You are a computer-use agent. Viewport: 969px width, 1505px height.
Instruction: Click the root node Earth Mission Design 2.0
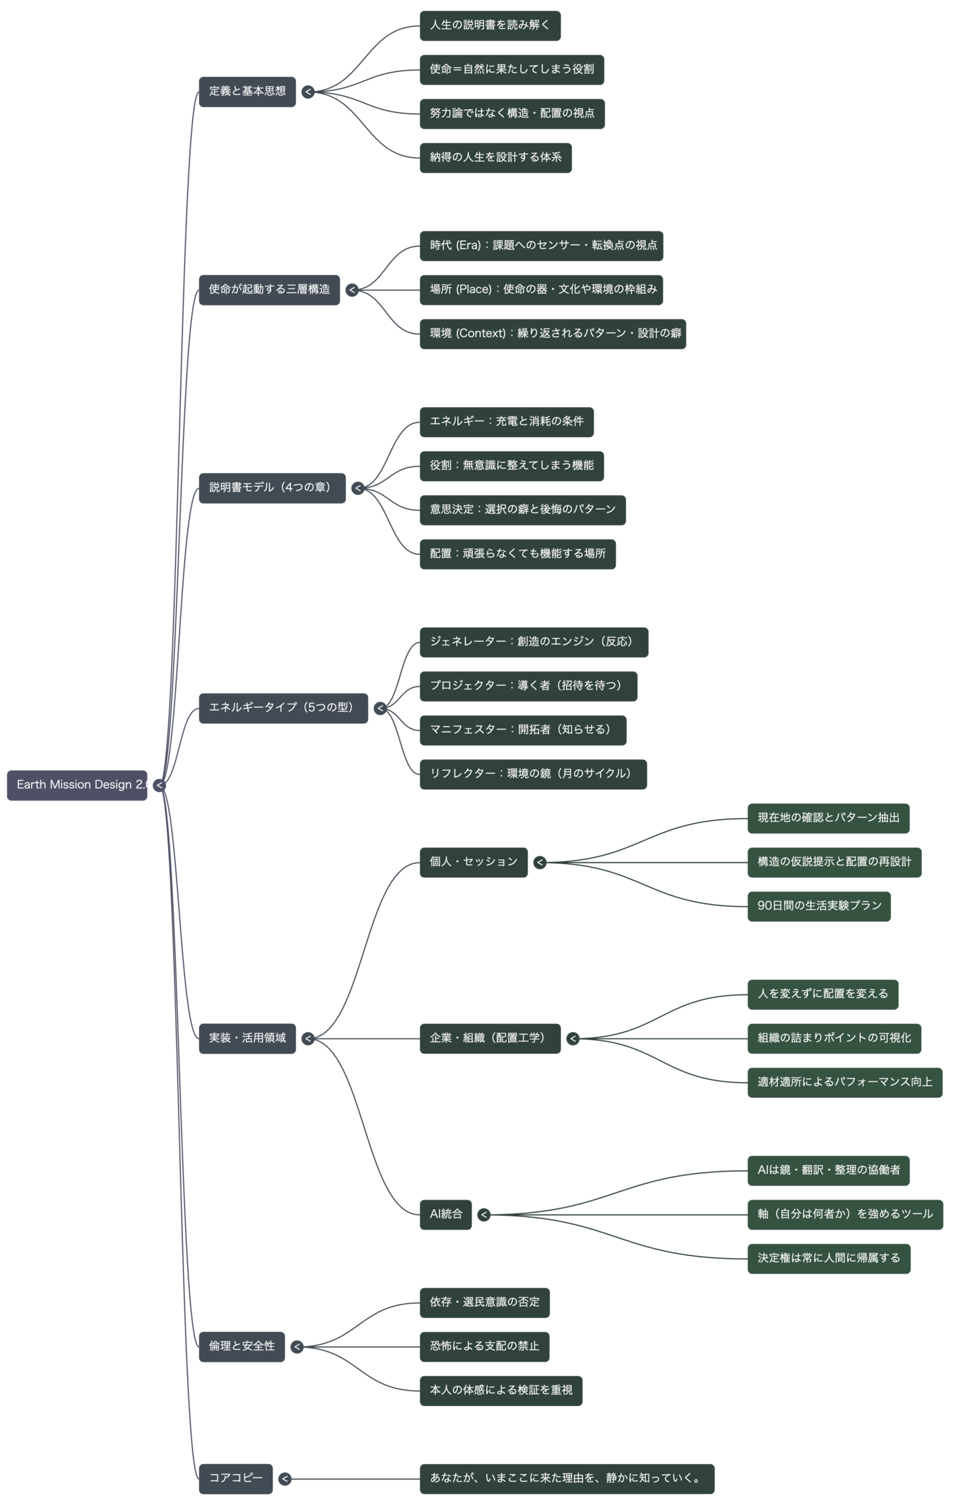click(x=77, y=785)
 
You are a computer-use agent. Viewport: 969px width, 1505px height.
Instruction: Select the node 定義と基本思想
click(x=247, y=91)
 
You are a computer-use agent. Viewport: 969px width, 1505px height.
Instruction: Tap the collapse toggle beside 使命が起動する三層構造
click(x=352, y=290)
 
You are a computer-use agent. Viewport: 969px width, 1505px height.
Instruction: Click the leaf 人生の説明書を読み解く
click(x=490, y=26)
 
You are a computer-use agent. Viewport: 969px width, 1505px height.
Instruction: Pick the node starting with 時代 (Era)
click(x=541, y=246)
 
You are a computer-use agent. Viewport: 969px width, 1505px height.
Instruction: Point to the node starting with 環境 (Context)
click(x=552, y=334)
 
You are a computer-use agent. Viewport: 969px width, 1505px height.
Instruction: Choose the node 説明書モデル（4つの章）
click(x=272, y=488)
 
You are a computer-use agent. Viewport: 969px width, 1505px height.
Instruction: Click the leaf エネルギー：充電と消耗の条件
click(x=507, y=422)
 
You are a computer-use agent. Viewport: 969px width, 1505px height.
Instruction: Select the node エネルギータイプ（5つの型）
click(x=283, y=708)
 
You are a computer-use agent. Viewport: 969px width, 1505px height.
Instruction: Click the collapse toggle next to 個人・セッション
click(x=540, y=862)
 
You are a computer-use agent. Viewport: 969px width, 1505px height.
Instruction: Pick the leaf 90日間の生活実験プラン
click(x=819, y=906)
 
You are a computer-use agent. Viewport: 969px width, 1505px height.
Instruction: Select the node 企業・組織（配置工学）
click(x=490, y=1038)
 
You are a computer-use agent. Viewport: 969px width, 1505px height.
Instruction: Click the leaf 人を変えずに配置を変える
click(x=822, y=994)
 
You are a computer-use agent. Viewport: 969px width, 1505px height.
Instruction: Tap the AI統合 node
click(x=445, y=1214)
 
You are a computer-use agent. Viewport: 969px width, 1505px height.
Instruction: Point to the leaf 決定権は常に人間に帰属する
click(x=828, y=1258)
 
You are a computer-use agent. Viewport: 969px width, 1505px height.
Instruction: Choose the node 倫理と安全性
click(x=242, y=1346)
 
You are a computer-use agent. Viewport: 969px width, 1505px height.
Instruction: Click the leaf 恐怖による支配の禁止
click(x=485, y=1346)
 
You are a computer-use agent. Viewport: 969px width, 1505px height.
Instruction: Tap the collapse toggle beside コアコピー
click(x=285, y=1479)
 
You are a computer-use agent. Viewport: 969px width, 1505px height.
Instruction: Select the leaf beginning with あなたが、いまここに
click(x=567, y=1479)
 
